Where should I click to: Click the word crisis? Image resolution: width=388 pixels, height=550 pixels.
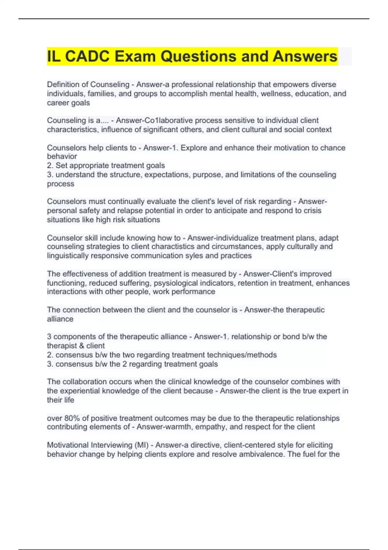(311, 211)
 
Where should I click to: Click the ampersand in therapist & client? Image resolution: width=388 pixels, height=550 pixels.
(81, 346)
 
